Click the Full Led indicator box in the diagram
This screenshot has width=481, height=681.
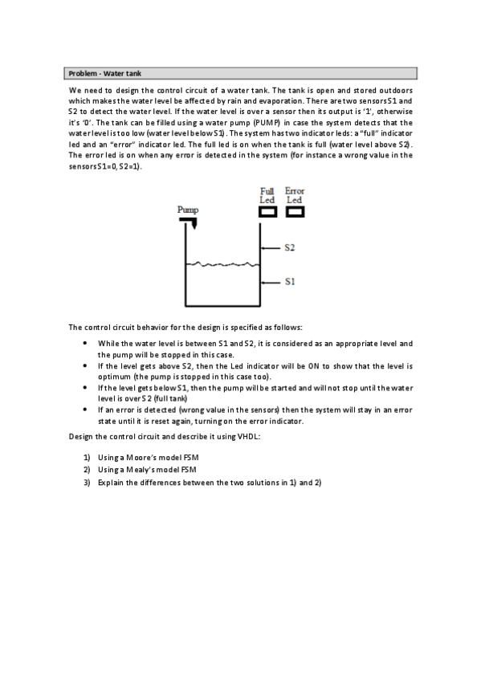[267, 212]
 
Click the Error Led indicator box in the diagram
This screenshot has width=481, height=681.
[295, 212]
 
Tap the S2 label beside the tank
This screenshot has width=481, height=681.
[289, 248]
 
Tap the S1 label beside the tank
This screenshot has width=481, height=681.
[289, 282]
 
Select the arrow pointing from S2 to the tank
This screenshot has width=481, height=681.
[271, 248]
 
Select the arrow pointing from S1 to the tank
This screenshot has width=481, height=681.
[271, 282]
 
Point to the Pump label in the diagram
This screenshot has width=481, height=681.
[187, 209]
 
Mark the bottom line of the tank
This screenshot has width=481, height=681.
[223, 306]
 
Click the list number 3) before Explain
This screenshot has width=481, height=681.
[86, 482]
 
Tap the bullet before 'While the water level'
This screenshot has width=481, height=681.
[86, 343]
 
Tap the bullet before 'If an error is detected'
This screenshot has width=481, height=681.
[86, 410]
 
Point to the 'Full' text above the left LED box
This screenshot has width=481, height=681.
[267, 191]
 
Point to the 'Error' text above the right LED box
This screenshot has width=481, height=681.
[295, 191]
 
